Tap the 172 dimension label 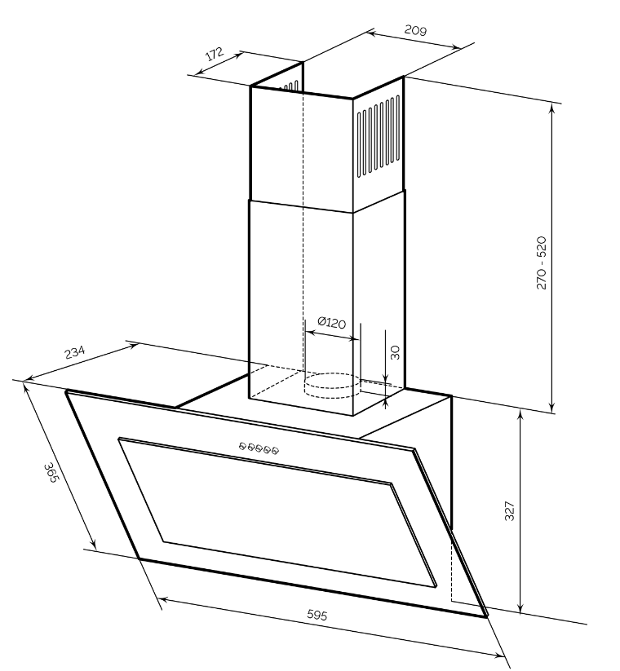[x=214, y=55]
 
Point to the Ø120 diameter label [x=330, y=323]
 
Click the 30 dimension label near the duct [x=395, y=352]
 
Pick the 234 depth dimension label [x=74, y=354]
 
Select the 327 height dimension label [x=510, y=511]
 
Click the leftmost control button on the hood [x=243, y=445]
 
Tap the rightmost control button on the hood [x=276, y=449]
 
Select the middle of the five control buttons [x=259, y=447]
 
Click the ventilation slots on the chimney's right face [x=377, y=139]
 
